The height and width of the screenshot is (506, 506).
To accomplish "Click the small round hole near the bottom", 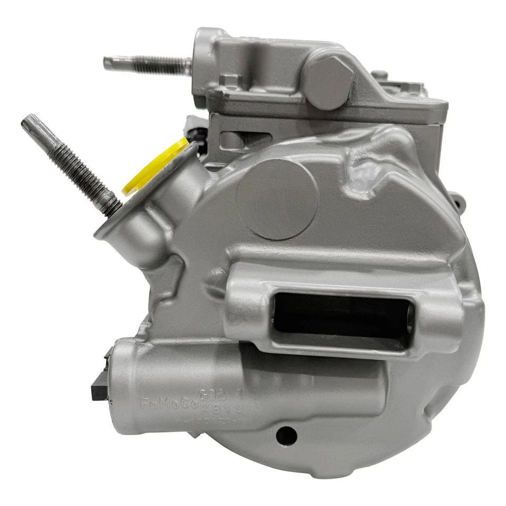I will click(x=286, y=434).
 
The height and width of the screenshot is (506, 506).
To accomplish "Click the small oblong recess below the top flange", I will click(x=232, y=140).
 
